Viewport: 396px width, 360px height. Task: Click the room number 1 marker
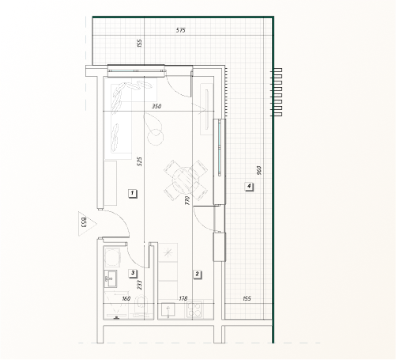pos(133,193)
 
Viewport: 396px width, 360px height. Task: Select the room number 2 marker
pos(197,275)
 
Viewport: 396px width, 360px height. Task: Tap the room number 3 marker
pos(133,273)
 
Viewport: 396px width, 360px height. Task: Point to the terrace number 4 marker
pos(249,186)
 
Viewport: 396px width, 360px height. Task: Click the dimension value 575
pos(181,30)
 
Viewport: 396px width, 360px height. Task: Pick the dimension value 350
pos(157,106)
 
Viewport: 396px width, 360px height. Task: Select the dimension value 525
pos(140,161)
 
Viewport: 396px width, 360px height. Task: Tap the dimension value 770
pos(187,200)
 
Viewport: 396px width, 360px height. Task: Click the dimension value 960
pos(258,170)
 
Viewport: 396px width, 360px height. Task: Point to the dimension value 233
pos(139,285)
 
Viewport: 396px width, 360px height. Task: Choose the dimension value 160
pos(126,298)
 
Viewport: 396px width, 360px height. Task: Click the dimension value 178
pos(183,298)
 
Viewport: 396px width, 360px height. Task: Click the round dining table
pos(185,181)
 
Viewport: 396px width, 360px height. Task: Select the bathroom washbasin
pos(111,279)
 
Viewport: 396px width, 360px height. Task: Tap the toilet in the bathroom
pos(141,306)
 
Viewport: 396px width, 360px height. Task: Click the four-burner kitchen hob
pos(195,309)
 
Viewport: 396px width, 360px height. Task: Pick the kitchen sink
pos(168,310)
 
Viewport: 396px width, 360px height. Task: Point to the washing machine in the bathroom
pos(112,256)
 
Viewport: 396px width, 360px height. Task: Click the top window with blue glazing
pos(137,70)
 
